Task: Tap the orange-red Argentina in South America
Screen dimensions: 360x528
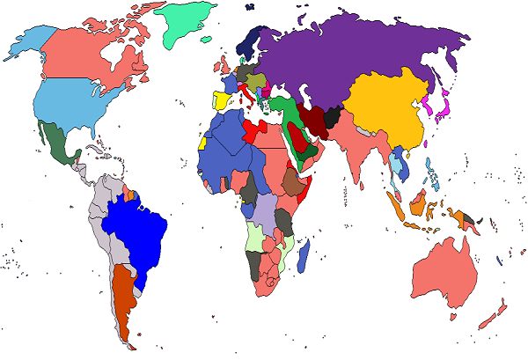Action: [x=122, y=295]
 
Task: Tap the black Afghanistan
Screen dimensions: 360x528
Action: [x=333, y=116]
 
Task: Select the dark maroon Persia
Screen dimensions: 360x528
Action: [x=313, y=119]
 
